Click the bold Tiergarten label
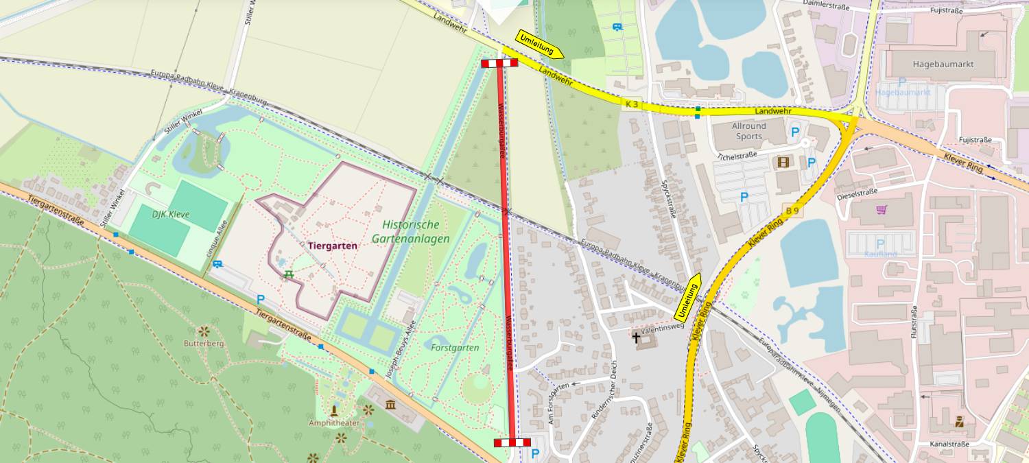click(x=332, y=246)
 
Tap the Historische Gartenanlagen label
click(x=411, y=232)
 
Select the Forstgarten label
click(x=455, y=348)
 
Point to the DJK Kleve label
click(x=171, y=215)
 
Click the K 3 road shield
click(x=631, y=104)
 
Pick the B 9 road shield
click(x=792, y=211)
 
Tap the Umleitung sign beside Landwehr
click(x=540, y=45)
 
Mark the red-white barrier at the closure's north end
click(x=499, y=64)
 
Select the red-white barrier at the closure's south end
click(x=512, y=442)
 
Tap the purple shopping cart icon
click(x=881, y=210)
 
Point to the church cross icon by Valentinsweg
click(x=636, y=337)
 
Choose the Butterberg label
click(x=204, y=343)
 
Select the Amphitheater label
click(x=334, y=423)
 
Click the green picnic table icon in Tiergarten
click(x=288, y=274)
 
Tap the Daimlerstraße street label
click(x=825, y=6)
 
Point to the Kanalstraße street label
click(x=949, y=444)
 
